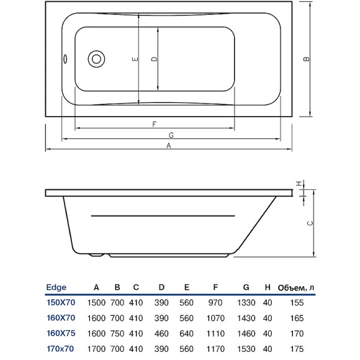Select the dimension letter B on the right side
(305, 60)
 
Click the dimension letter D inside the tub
(153, 60)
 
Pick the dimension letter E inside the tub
(134, 60)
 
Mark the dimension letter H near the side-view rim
(299, 183)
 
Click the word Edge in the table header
(56, 287)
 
